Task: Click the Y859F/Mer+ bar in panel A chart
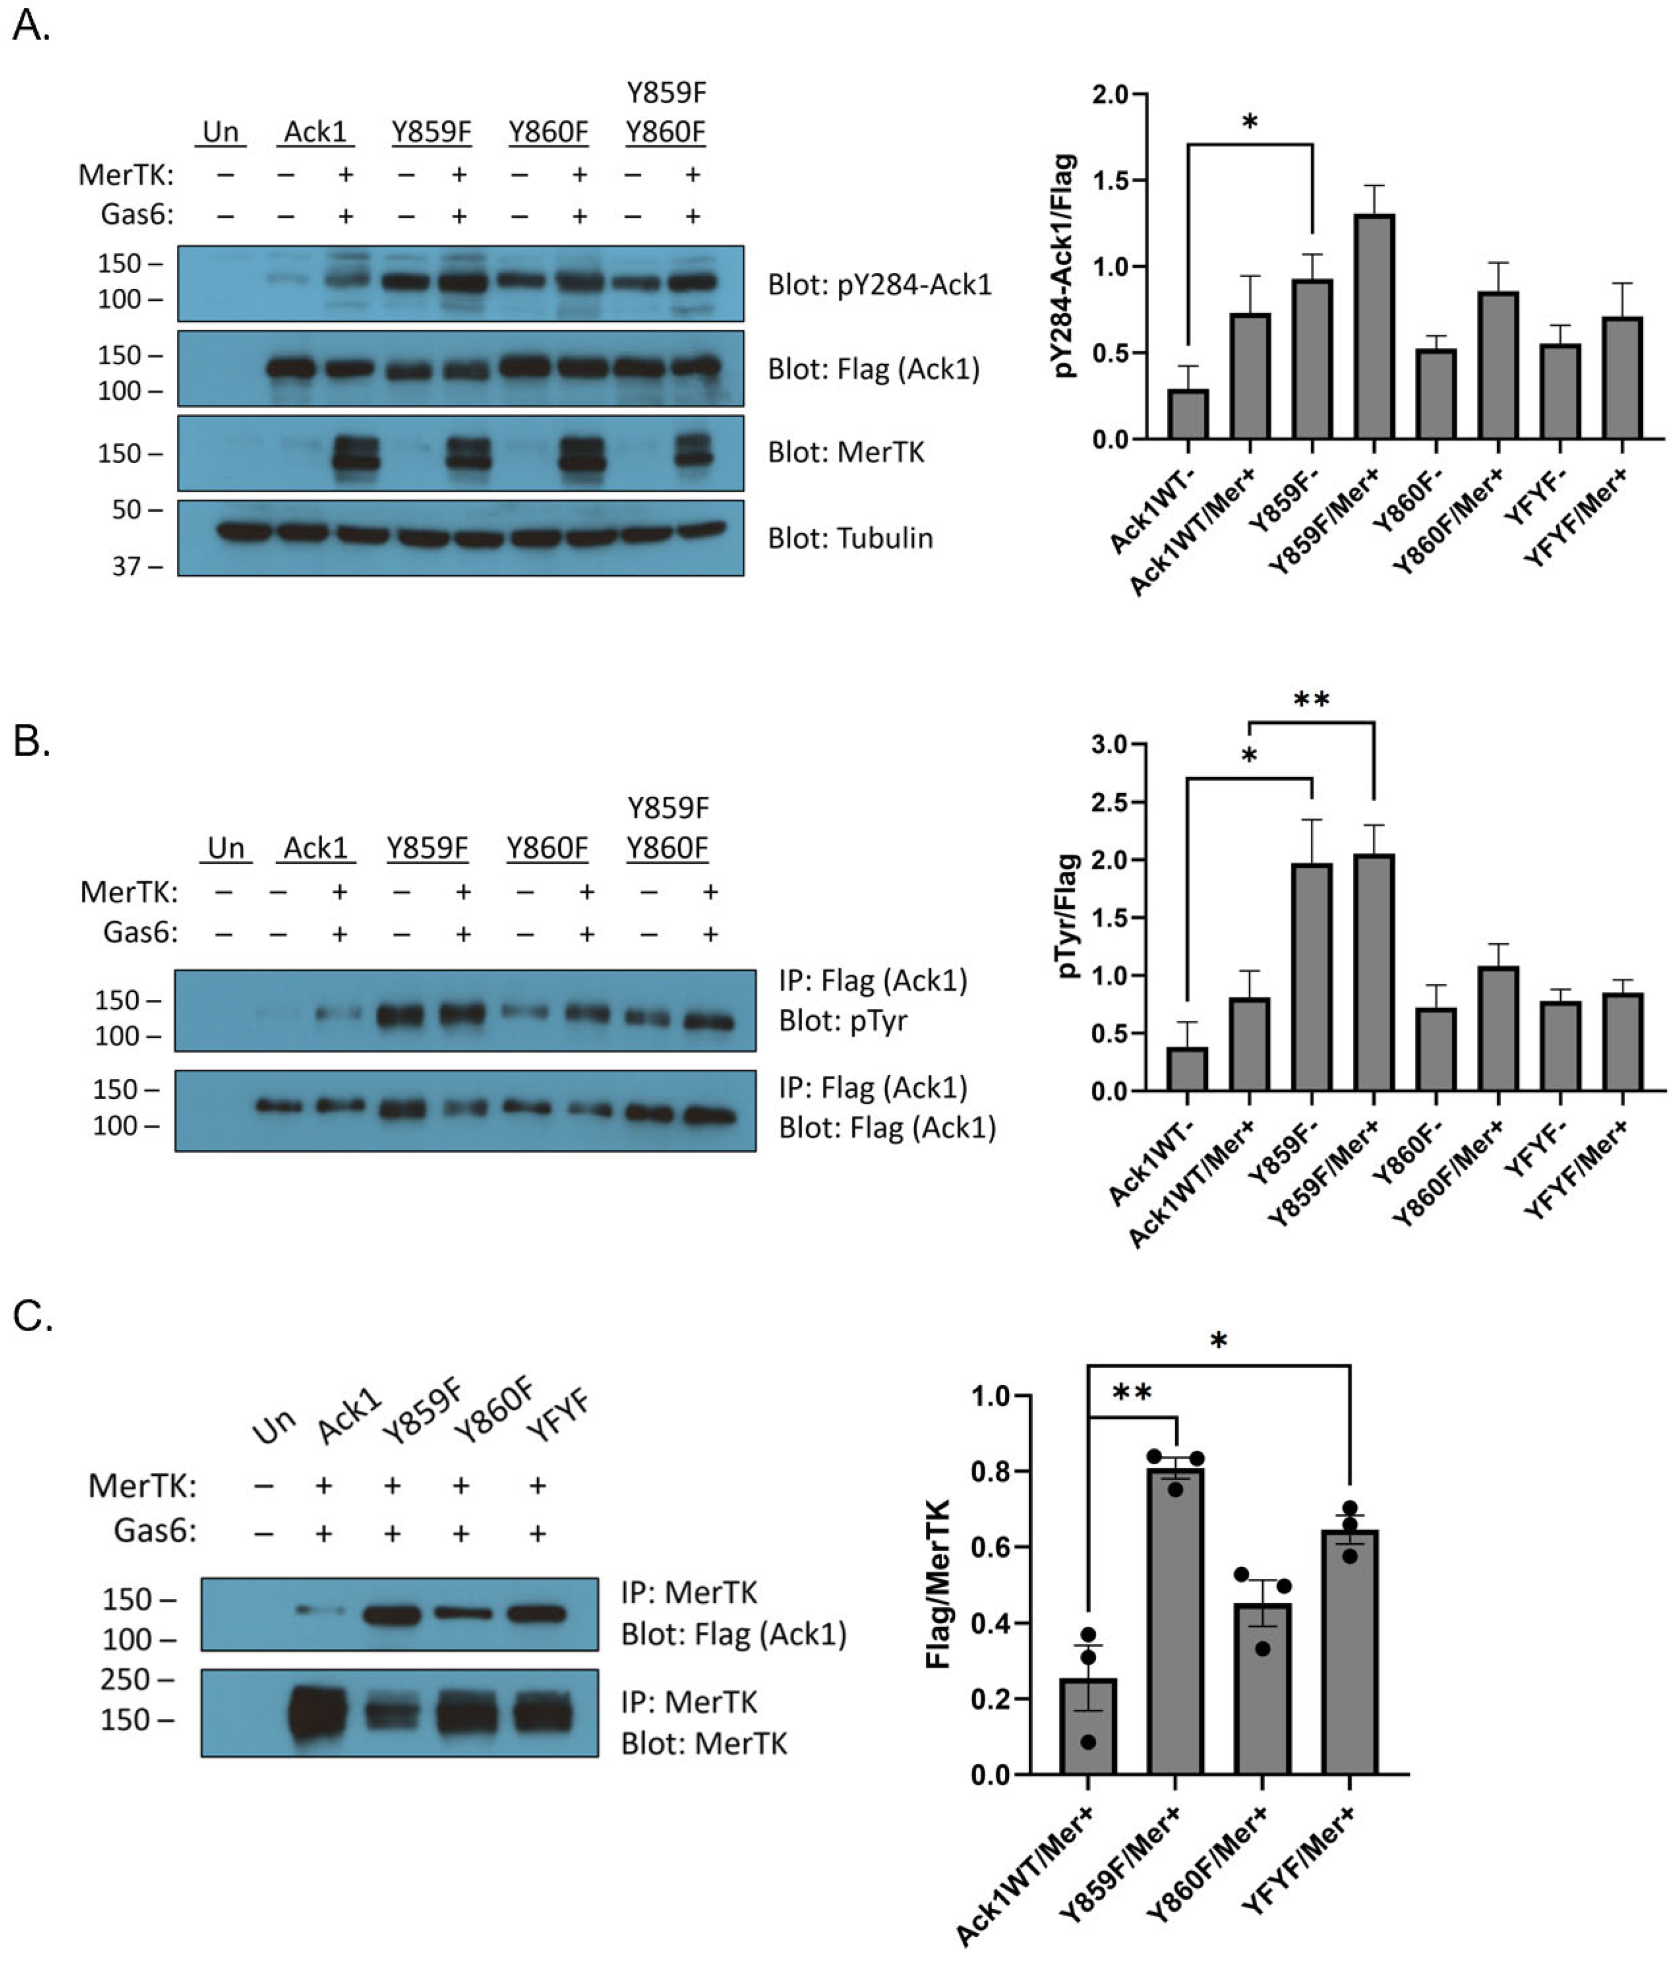click(x=1374, y=327)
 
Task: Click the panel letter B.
click(x=31, y=741)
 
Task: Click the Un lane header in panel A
click(x=221, y=132)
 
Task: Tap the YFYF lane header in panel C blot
click(x=559, y=1416)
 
